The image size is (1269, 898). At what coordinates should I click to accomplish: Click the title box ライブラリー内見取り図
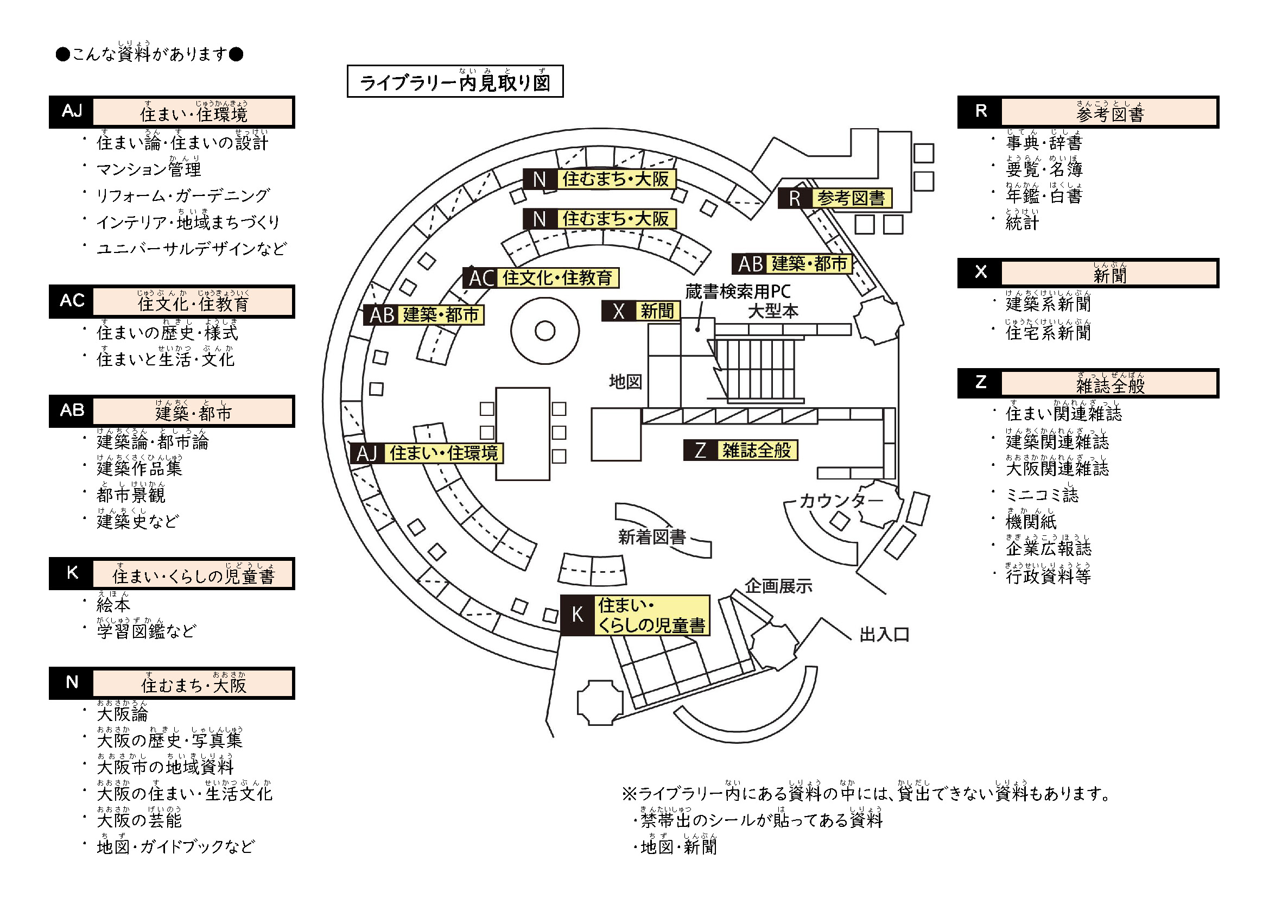click(x=455, y=82)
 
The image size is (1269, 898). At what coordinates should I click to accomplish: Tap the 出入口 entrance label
click(x=884, y=635)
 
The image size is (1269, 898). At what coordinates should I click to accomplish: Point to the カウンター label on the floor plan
click(x=841, y=501)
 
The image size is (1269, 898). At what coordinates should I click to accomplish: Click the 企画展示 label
click(x=778, y=586)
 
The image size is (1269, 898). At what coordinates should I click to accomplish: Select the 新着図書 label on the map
click(x=652, y=537)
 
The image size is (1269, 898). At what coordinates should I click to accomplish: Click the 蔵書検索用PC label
click(x=737, y=292)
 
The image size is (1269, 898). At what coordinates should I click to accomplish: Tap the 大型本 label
click(x=773, y=311)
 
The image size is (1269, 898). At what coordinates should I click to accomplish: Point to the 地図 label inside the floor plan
click(x=625, y=382)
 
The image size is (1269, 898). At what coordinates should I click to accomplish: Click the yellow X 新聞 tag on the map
click(x=640, y=311)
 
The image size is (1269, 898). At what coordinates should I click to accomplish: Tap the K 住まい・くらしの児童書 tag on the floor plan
click(x=635, y=616)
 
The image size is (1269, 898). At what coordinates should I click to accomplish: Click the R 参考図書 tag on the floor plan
click(x=835, y=198)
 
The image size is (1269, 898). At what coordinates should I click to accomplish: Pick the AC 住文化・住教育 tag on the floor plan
click(x=541, y=277)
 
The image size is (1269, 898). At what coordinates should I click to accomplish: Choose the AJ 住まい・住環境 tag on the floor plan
click(x=427, y=453)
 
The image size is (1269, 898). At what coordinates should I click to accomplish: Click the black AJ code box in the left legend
click(x=72, y=112)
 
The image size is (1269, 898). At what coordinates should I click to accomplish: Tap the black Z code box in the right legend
click(x=980, y=383)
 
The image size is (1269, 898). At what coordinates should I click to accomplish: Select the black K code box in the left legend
click(x=72, y=573)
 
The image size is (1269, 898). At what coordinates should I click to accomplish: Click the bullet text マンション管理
click(x=149, y=169)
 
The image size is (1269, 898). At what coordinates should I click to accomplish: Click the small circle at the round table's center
click(x=545, y=331)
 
